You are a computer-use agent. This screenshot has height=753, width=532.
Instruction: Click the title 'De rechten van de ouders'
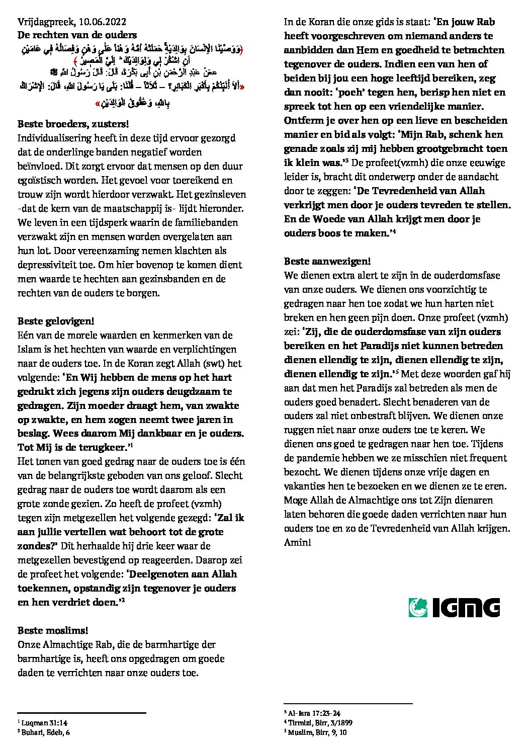[77, 35]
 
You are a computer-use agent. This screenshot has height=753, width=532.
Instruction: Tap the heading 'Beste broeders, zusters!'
[73, 124]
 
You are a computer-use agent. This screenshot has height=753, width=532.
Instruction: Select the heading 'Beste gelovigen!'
[56, 321]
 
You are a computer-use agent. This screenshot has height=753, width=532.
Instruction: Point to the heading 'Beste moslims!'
[53, 630]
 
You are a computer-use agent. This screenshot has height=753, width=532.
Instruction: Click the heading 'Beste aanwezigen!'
[327, 261]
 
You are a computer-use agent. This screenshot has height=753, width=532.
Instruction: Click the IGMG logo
[454, 607]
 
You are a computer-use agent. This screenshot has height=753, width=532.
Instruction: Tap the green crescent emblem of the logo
[418, 607]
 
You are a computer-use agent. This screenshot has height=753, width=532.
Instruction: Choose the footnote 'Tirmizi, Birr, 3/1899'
[320, 723]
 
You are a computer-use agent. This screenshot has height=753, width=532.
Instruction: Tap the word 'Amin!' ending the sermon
[297, 543]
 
